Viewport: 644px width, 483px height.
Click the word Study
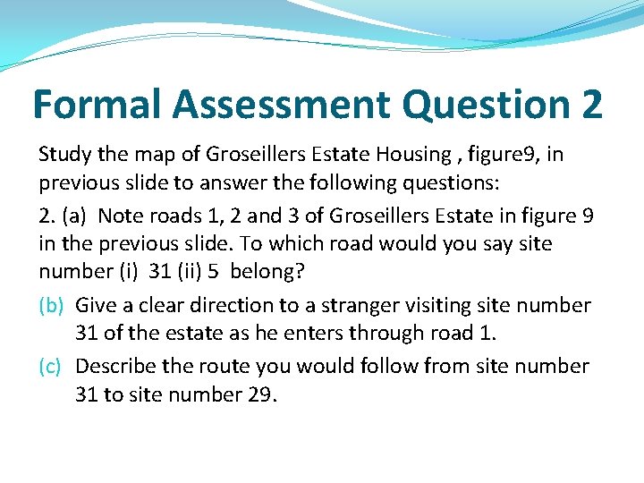point(65,154)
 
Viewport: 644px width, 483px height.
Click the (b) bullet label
point(50,305)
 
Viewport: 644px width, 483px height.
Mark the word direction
point(228,305)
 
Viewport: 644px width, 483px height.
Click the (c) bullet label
point(50,366)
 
